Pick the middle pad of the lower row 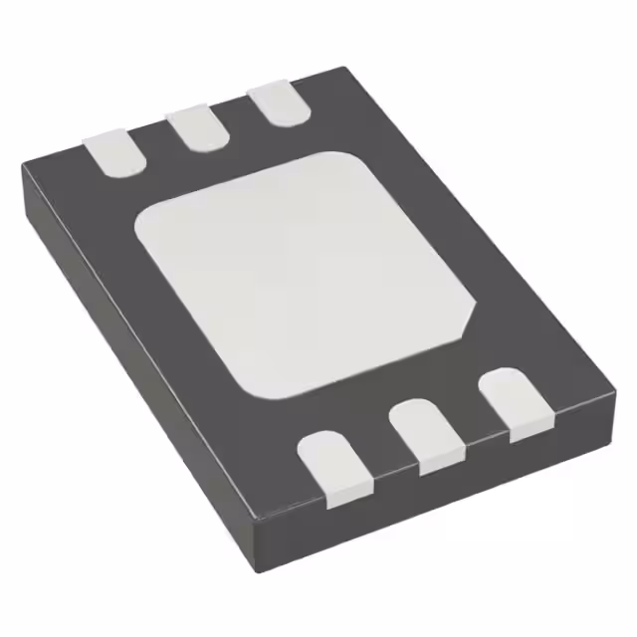[425, 433]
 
